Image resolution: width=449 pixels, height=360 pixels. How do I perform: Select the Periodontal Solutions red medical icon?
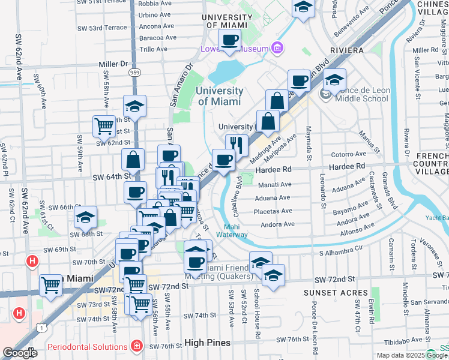tap(137, 347)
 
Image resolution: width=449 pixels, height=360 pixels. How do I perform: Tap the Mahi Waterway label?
tap(237, 230)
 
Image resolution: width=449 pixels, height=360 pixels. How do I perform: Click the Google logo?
tap(19, 353)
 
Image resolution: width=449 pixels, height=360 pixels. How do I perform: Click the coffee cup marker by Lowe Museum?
tap(229, 40)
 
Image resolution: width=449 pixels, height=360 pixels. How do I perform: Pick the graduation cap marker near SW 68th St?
tap(85, 217)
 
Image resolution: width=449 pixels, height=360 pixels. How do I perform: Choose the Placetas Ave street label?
tap(273, 211)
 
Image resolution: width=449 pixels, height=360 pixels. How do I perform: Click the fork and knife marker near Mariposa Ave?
tap(237, 144)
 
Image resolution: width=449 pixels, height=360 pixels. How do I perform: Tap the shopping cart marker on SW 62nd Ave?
tap(51, 286)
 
